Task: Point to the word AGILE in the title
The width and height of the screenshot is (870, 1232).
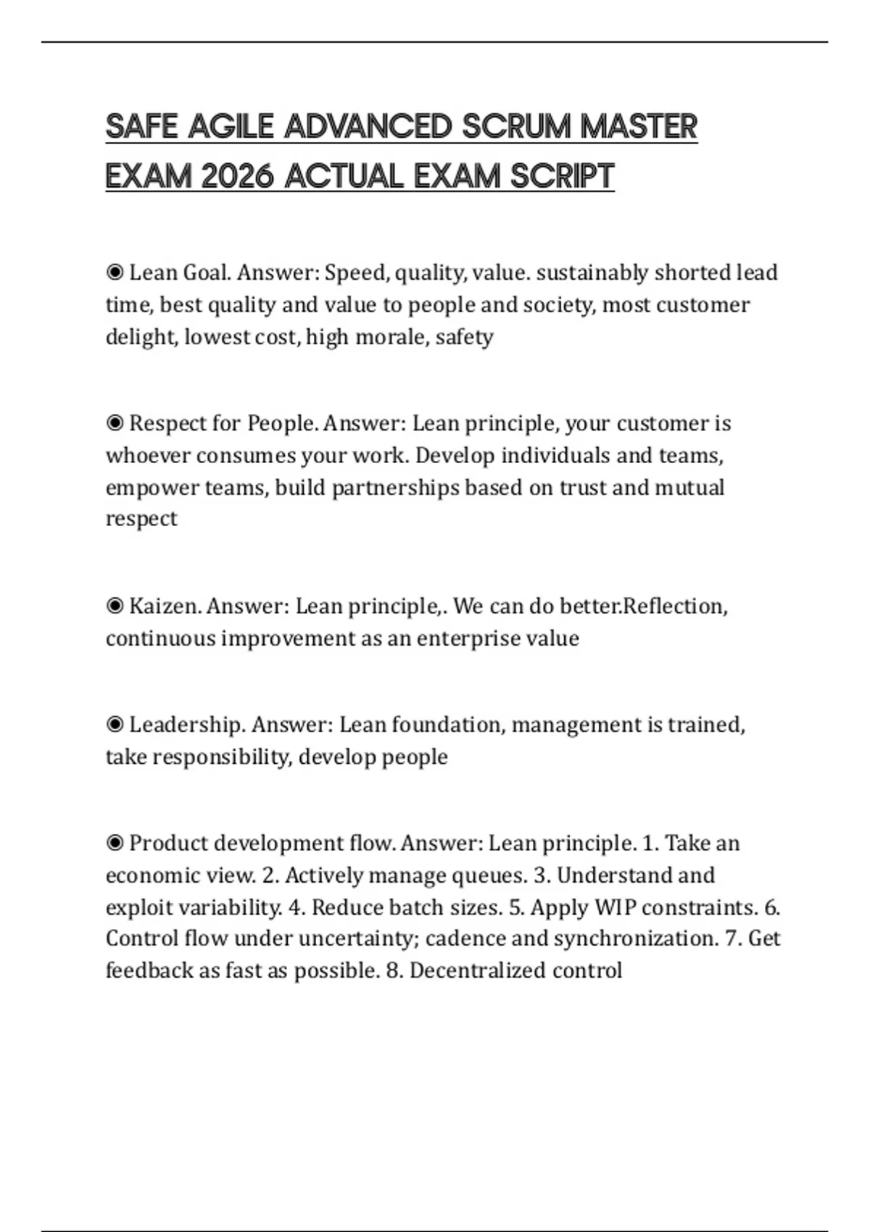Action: [x=231, y=127]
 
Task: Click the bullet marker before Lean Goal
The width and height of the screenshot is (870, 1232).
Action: [x=115, y=272]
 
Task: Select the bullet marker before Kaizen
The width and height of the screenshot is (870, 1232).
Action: [x=115, y=606]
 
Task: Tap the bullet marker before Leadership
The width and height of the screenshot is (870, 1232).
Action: [x=115, y=725]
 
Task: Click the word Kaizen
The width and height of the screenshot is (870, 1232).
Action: [x=165, y=606]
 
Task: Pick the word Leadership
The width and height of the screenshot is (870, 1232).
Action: [x=187, y=725]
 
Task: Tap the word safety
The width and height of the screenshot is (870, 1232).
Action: [x=464, y=337]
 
